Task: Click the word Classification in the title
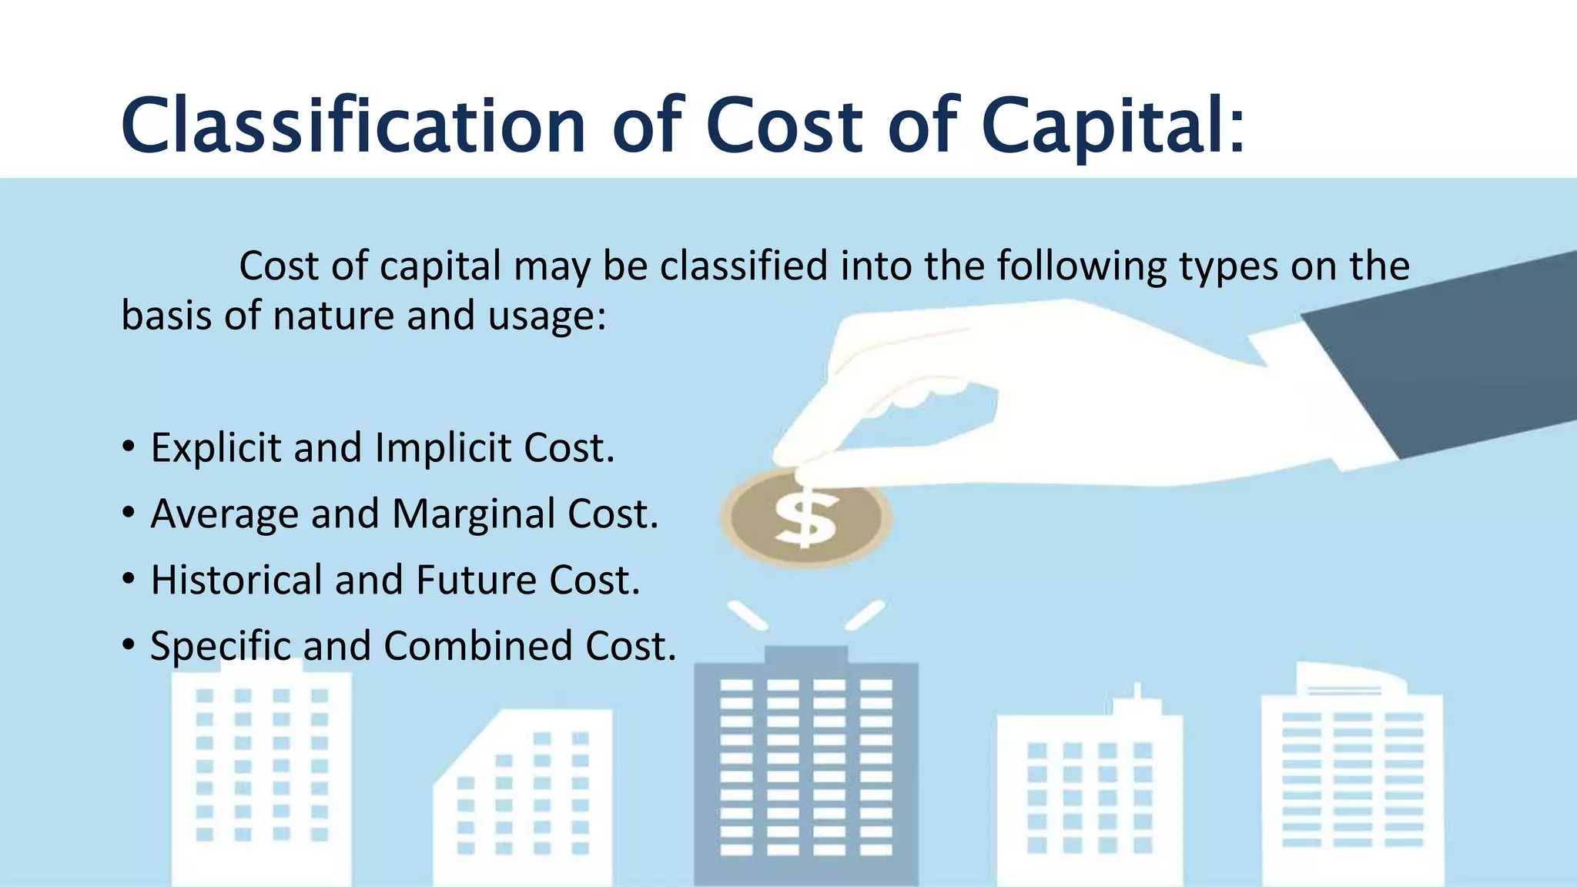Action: (353, 126)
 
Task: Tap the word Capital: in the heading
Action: (1112, 126)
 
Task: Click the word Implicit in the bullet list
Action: (443, 448)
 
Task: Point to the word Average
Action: (224, 514)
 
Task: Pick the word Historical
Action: (236, 580)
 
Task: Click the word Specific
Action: (220, 646)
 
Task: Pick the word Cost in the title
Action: (784, 126)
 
